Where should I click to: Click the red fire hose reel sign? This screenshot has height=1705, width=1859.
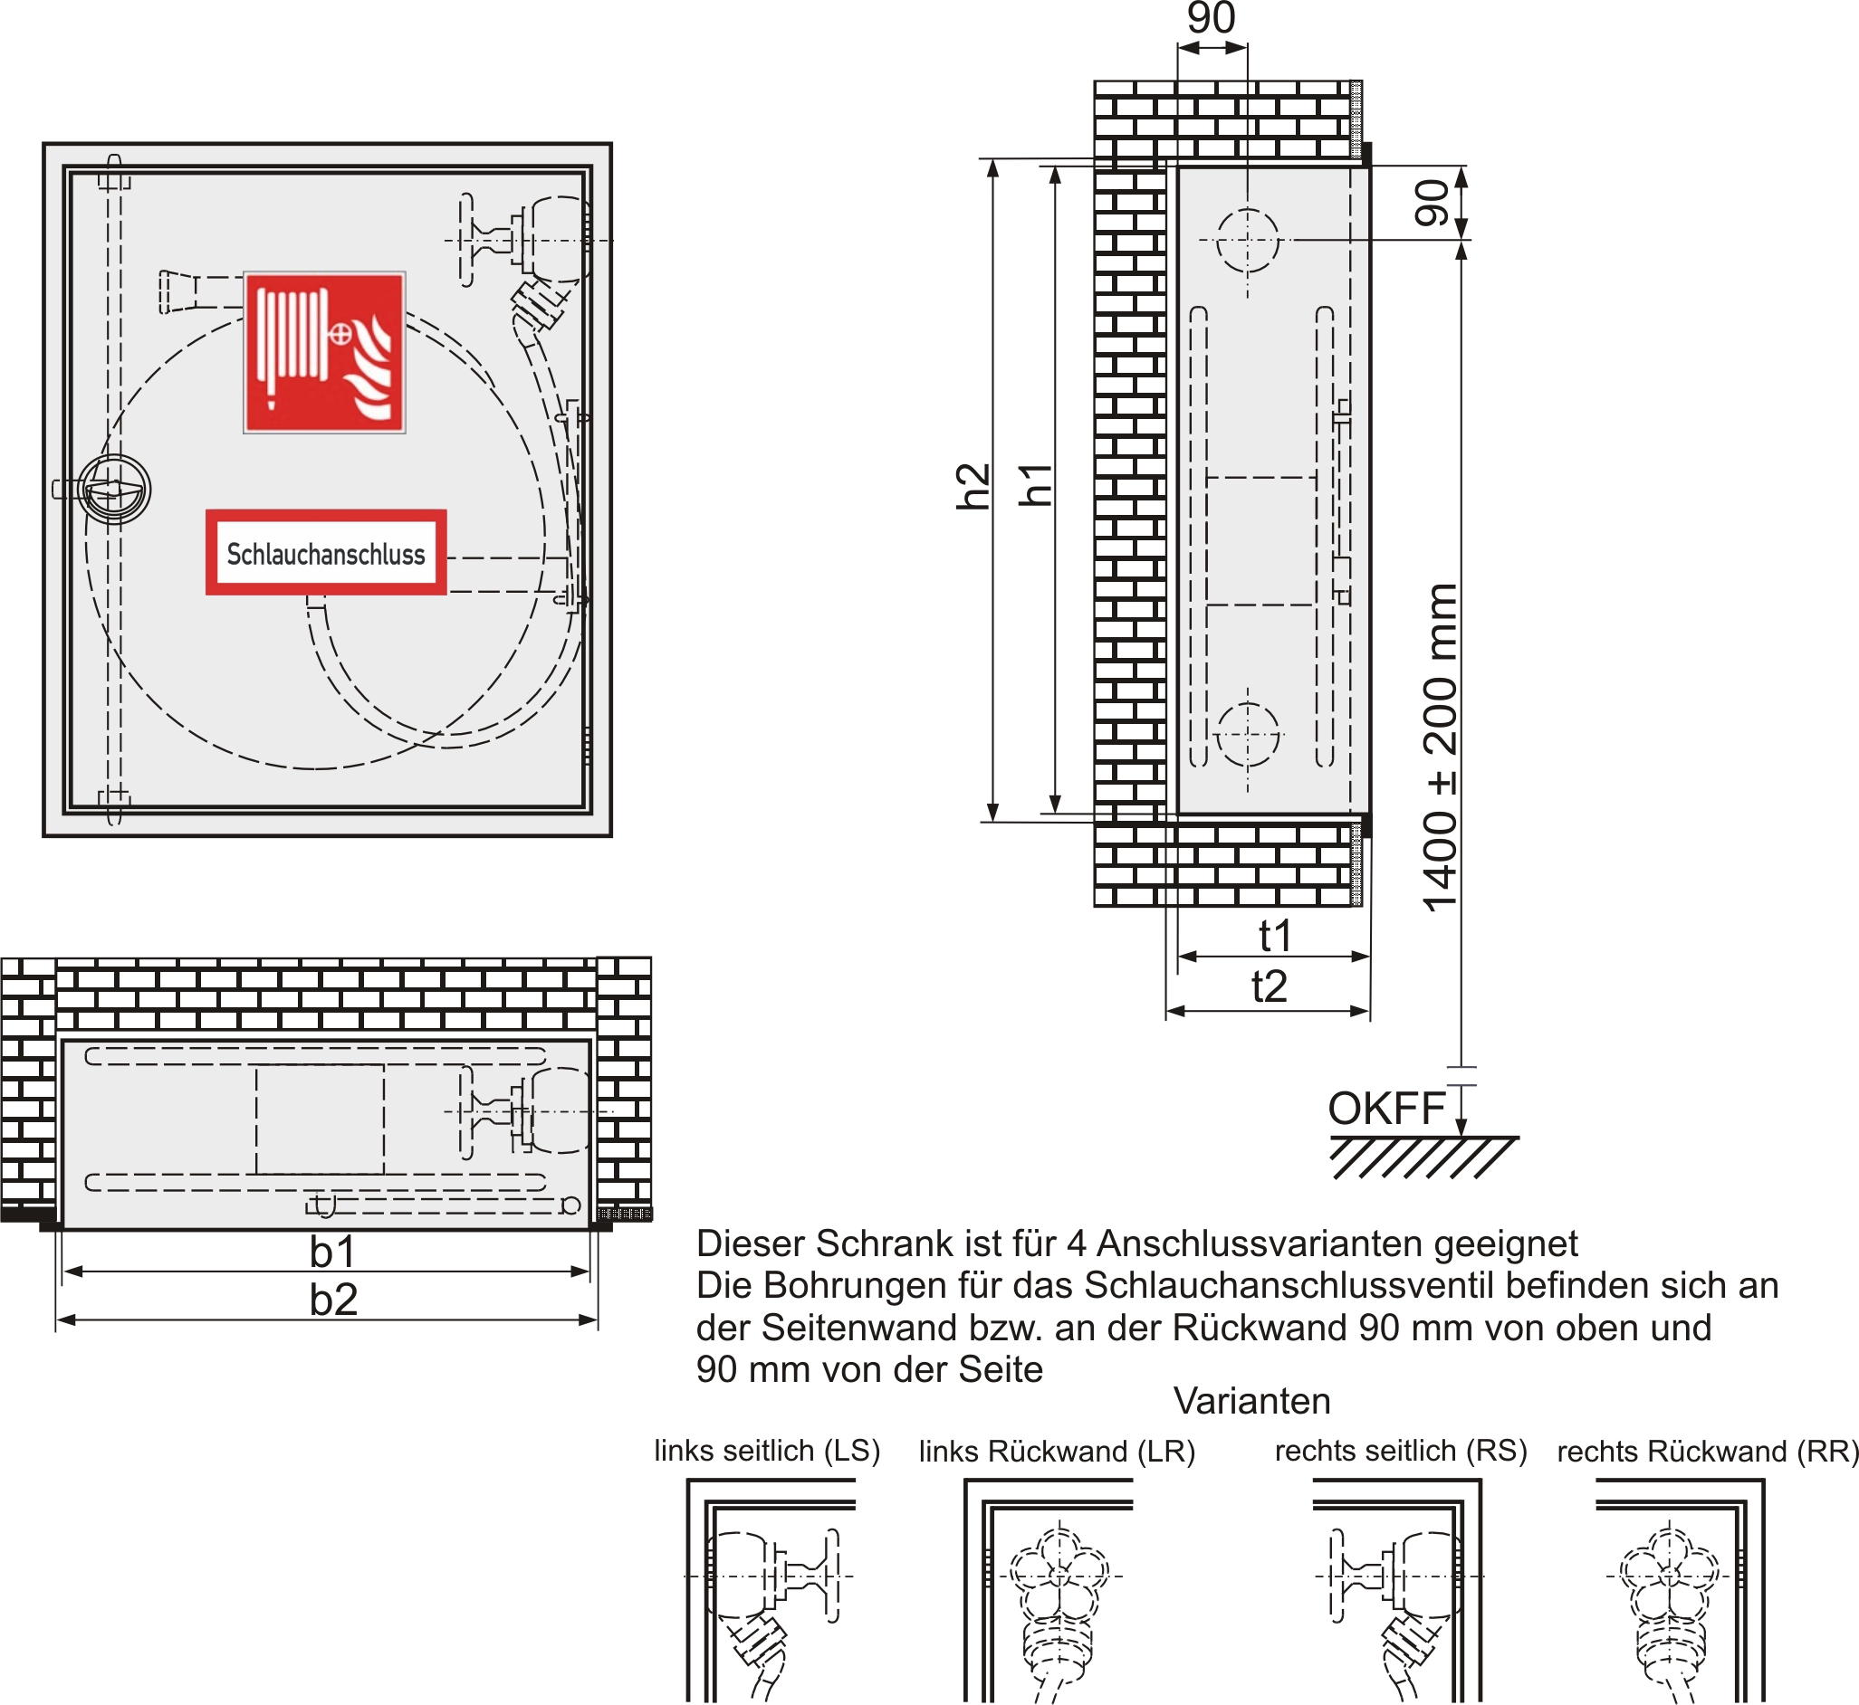pos(324,352)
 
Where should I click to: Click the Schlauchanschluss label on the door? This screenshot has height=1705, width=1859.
pos(326,553)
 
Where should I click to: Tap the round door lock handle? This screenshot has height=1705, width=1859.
pos(114,489)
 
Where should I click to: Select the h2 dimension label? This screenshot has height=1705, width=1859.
pos(972,486)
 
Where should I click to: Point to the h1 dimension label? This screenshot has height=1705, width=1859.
pos(1035,484)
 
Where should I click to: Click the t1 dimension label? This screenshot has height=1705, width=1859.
pos(1275,936)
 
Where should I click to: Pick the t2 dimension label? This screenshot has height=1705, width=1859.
pos(1270,986)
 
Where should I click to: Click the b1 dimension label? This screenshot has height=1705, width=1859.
pos(333,1253)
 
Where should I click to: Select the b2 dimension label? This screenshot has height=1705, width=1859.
pos(333,1300)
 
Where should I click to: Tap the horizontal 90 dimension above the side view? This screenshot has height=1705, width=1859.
pos(1211,18)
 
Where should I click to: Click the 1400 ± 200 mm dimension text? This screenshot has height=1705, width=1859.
pos(1441,748)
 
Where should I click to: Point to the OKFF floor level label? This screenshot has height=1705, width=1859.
pos(1386,1109)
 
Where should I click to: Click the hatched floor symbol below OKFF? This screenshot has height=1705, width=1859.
pos(1422,1157)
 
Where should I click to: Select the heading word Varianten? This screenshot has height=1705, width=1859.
pos(1251,1401)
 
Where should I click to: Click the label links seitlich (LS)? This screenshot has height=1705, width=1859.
pos(767,1451)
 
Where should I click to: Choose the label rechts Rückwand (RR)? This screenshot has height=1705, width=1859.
pos(1708,1452)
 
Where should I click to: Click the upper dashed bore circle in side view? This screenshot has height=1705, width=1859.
pos(1247,241)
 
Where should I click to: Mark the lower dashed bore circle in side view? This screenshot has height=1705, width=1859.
pos(1247,737)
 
